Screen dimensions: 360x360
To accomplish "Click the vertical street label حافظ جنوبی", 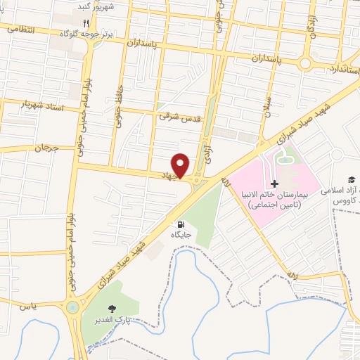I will (x=118, y=109).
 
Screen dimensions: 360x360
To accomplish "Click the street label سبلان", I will (x=268, y=110).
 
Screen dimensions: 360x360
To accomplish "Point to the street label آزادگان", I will (x=309, y=27).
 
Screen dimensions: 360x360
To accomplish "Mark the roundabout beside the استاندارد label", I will (x=305, y=64).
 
